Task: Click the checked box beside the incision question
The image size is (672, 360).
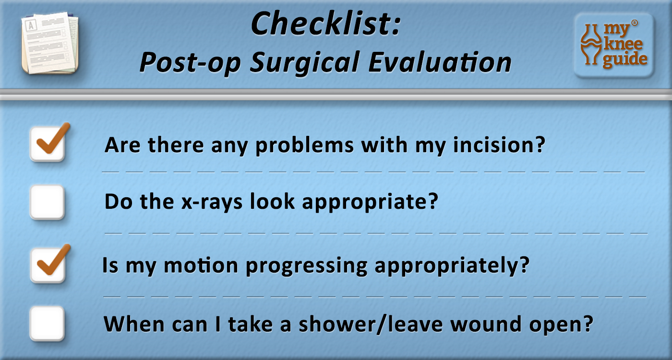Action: tap(48, 144)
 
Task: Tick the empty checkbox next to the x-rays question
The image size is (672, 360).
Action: tap(48, 202)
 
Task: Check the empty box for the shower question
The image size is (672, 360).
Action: tap(48, 324)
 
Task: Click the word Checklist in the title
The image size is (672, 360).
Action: tap(326, 24)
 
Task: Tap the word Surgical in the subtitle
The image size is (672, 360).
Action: tap(304, 63)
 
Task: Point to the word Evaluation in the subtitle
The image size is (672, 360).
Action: tap(440, 62)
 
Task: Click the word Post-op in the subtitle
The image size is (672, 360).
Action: tap(190, 63)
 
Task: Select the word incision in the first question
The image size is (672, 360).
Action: tap(499, 144)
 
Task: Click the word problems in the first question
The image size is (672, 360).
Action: tap(304, 145)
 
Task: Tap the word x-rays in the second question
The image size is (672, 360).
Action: tap(212, 202)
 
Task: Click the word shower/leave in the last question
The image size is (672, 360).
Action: tap(371, 324)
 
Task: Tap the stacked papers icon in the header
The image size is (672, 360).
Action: tap(50, 43)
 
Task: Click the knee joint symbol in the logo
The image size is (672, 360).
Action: tap(590, 44)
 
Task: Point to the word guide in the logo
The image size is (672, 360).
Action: tap(625, 59)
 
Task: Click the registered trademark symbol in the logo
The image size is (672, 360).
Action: tap(635, 23)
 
